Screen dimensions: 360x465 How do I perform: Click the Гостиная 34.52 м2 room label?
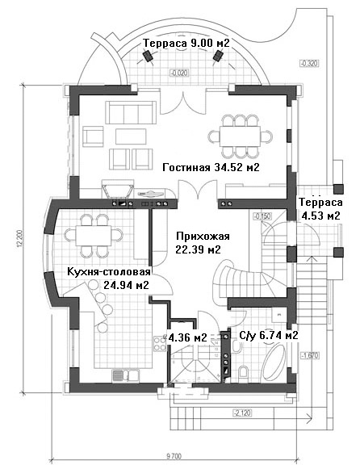(211, 168)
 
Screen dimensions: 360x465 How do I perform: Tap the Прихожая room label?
(203, 237)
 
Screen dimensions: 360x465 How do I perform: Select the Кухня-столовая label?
(109, 272)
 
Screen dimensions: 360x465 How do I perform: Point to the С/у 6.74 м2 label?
(268, 335)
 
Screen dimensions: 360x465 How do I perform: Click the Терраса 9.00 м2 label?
(186, 43)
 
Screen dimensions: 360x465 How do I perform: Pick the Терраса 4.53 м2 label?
(320, 209)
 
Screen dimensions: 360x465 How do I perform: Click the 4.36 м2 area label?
(187, 337)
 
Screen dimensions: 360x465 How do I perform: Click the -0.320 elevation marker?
(309, 63)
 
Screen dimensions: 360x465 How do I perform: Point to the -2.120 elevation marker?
(242, 413)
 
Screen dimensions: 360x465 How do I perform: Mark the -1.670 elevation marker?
(310, 355)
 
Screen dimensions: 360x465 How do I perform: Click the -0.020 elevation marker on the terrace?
(179, 73)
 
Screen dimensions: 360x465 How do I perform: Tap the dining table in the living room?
(240, 136)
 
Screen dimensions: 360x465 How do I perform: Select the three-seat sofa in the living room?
(131, 112)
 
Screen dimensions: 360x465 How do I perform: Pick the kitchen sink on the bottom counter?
(125, 375)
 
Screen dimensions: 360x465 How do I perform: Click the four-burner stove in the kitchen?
(160, 344)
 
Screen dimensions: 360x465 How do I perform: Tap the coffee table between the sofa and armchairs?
(131, 136)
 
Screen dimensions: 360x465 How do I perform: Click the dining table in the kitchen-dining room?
(94, 236)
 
